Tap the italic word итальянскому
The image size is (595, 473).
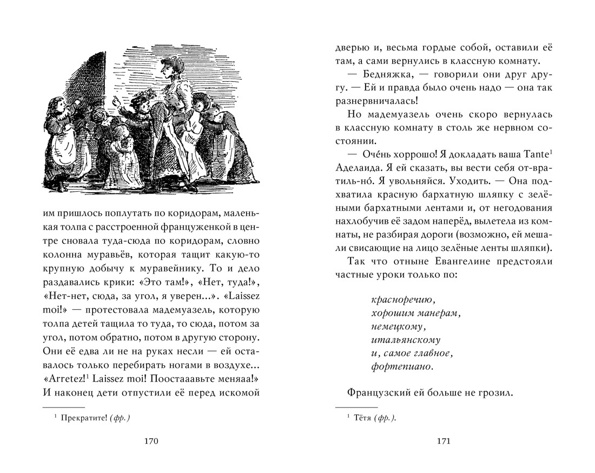pyautogui.click(x=406, y=340)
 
